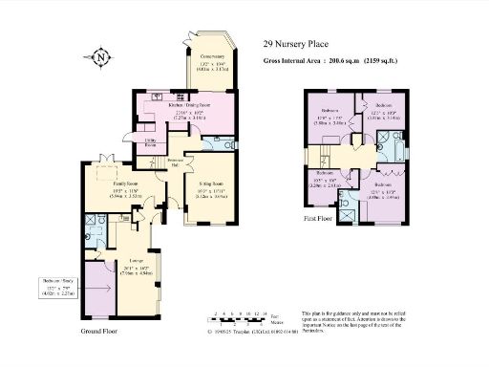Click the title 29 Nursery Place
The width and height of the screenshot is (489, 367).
(x=295, y=43)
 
